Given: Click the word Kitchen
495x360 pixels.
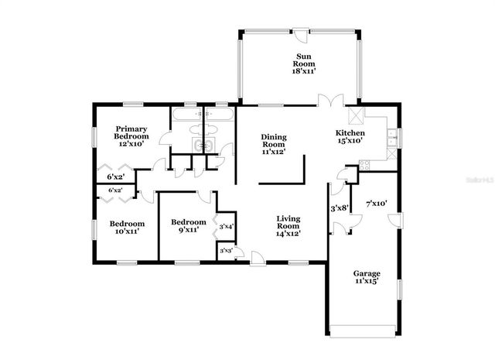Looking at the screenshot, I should (349, 133).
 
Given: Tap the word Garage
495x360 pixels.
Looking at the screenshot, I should (367, 273).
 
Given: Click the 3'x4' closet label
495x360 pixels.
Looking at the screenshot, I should (226, 227).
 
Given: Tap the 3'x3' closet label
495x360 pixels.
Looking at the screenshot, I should (226, 251).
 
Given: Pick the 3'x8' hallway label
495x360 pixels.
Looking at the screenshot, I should (340, 207).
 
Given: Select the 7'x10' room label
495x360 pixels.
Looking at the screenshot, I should (376, 204).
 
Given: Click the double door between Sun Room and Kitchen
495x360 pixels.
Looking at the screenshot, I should (331, 101).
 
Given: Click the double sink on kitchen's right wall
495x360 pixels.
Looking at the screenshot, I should (392, 138).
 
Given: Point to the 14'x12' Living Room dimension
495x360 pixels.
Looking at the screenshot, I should (288, 233).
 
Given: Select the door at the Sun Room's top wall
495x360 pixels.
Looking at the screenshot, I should (298, 32).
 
